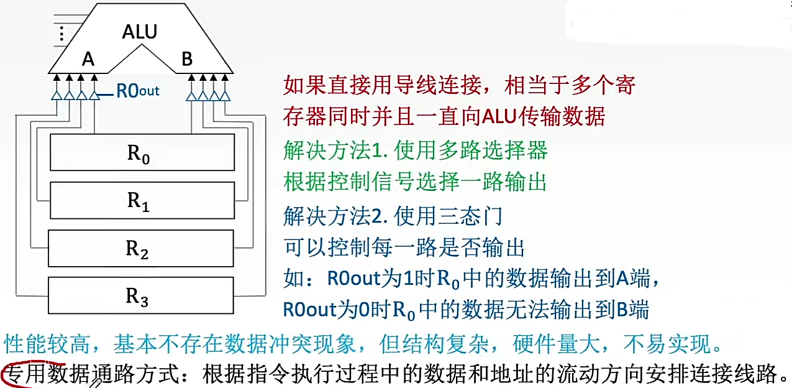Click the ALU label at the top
coord(140,32)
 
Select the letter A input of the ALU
coord(88,60)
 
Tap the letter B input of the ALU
coord(187,60)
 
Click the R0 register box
coord(142,152)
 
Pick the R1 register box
coord(142,200)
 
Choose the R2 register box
coord(142,248)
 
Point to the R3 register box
coord(142,296)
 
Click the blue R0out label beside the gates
coord(138,91)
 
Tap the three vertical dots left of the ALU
coord(61,33)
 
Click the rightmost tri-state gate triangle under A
coord(94,95)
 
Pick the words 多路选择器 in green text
coord(494,150)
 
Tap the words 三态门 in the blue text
coord(471,216)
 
